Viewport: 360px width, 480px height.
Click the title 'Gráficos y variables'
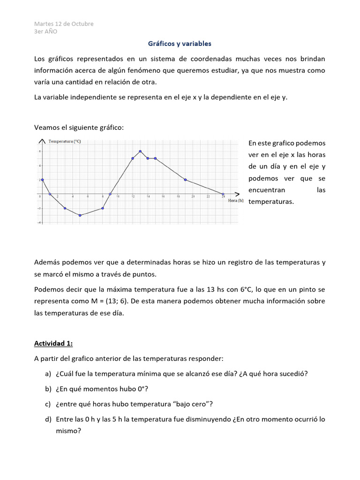tap(180, 44)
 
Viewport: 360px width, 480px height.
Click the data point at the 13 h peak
tap(140, 151)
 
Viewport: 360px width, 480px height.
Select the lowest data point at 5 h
tap(80, 215)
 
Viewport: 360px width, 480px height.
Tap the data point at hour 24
tap(223, 194)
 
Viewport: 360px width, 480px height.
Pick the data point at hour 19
tap(185, 180)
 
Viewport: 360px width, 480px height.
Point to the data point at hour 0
tap(42, 180)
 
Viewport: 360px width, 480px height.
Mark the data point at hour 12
tap(133, 158)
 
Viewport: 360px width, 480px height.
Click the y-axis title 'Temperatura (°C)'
tap(65, 141)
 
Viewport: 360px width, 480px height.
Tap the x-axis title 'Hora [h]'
tap(235, 200)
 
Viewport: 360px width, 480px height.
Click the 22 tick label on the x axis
tap(208, 197)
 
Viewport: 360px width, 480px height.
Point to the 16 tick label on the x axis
tap(163, 197)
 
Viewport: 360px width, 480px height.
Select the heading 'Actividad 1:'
tap(53, 344)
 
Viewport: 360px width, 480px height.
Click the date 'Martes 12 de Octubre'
tap(64, 24)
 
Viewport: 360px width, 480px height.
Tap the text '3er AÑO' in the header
tap(46, 31)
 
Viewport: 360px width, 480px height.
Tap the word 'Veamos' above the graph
tap(46, 127)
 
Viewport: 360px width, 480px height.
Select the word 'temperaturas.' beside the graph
tap(271, 202)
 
